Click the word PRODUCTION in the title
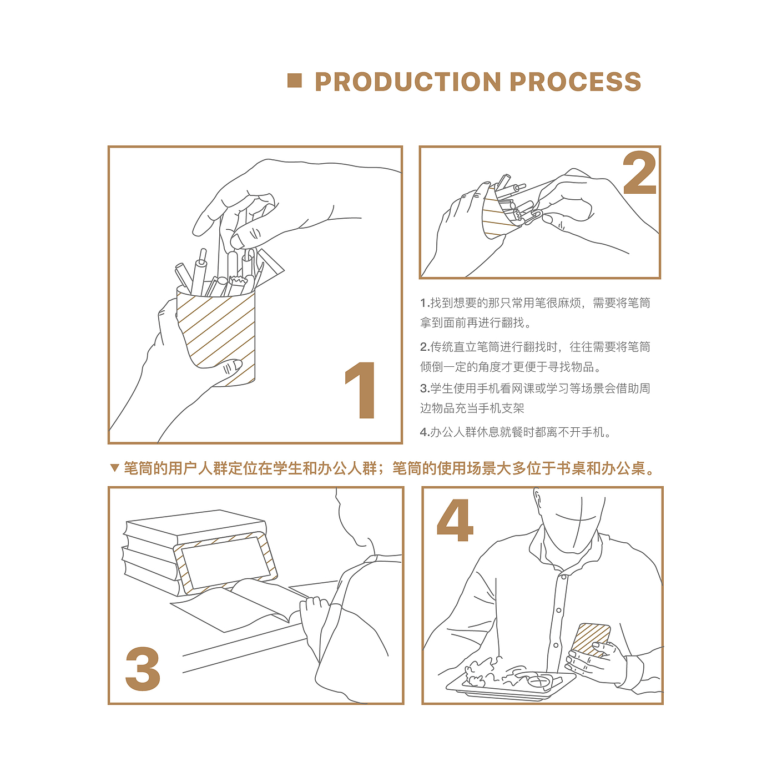coord(408,82)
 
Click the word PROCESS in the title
coord(575,82)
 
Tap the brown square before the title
coord(294,80)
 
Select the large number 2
coord(639,173)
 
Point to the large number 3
coord(143,669)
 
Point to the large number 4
coord(455,520)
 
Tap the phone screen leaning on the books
coord(225,562)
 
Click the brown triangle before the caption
coord(115,468)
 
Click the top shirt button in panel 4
coord(564,577)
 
